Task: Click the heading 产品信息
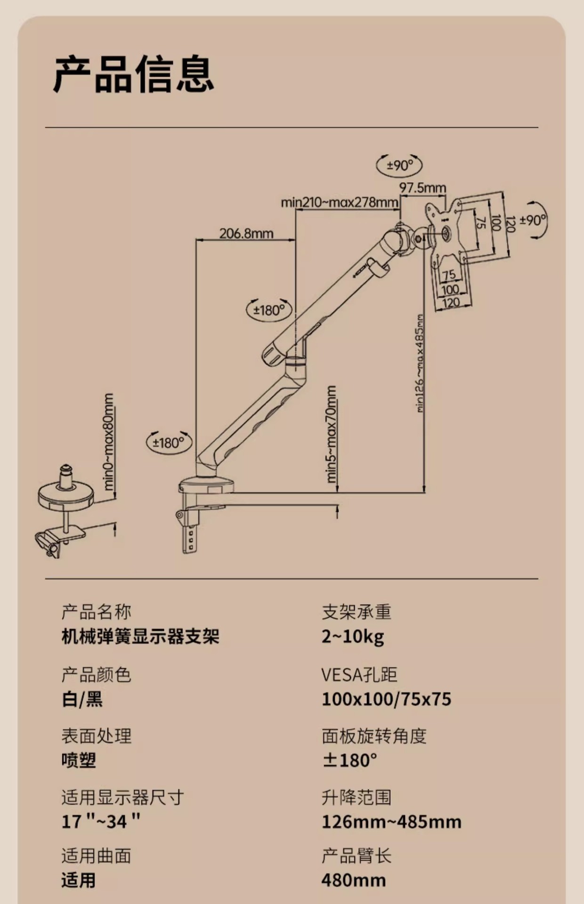pyautogui.click(x=134, y=74)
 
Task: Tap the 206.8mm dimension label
pyautogui.click(x=246, y=233)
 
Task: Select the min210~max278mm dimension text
pyautogui.click(x=340, y=202)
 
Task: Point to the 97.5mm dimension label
pyautogui.click(x=422, y=188)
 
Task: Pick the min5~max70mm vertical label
pyautogui.click(x=332, y=434)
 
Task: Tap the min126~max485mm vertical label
pyautogui.click(x=420, y=363)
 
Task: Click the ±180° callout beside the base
pyautogui.click(x=169, y=443)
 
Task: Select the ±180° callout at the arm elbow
pyautogui.click(x=269, y=310)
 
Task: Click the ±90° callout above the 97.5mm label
pyautogui.click(x=399, y=165)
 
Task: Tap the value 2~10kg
pyautogui.click(x=353, y=637)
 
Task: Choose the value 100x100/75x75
pyautogui.click(x=386, y=699)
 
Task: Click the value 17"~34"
pyautogui.click(x=101, y=822)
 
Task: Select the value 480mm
pyautogui.click(x=354, y=880)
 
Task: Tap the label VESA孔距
pyautogui.click(x=359, y=675)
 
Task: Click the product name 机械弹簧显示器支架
pyautogui.click(x=140, y=637)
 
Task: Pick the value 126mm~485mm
pyautogui.click(x=391, y=822)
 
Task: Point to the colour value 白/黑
pyautogui.click(x=82, y=699)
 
